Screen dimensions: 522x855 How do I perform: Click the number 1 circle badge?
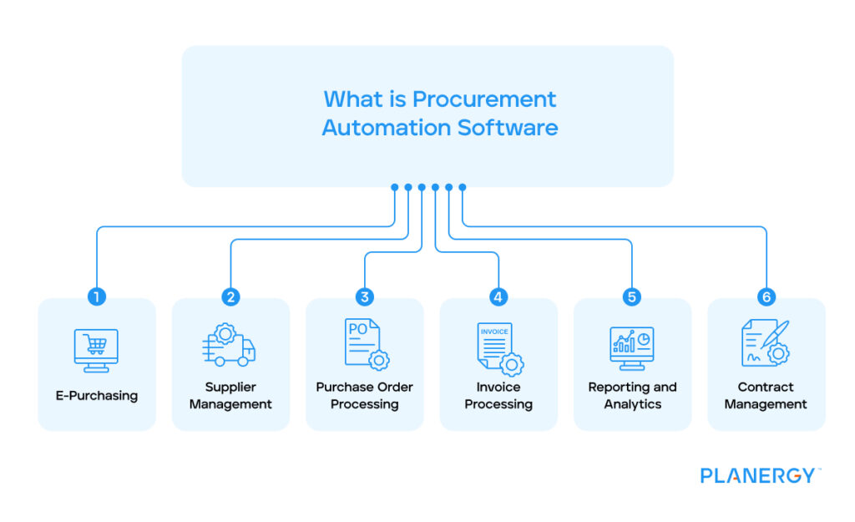click(97, 297)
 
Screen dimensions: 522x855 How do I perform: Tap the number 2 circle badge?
click(230, 297)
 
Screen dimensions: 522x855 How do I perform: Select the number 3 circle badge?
click(364, 297)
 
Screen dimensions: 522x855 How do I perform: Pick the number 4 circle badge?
click(498, 297)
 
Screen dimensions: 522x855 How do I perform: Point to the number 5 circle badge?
click(632, 297)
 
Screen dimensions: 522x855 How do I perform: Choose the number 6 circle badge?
click(766, 297)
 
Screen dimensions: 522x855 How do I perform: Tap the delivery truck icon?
click(229, 346)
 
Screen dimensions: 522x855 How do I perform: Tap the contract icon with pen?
click(766, 343)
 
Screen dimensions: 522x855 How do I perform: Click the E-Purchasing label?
click(97, 396)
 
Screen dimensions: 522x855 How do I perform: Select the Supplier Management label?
click(230, 396)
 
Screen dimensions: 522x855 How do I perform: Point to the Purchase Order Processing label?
click(364, 396)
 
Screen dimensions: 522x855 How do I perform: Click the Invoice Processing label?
click(498, 396)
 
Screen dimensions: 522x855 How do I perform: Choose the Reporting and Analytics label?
click(632, 396)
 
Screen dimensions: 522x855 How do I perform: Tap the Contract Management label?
click(766, 396)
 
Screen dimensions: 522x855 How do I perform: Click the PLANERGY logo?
click(759, 476)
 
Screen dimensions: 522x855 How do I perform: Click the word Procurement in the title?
click(483, 99)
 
